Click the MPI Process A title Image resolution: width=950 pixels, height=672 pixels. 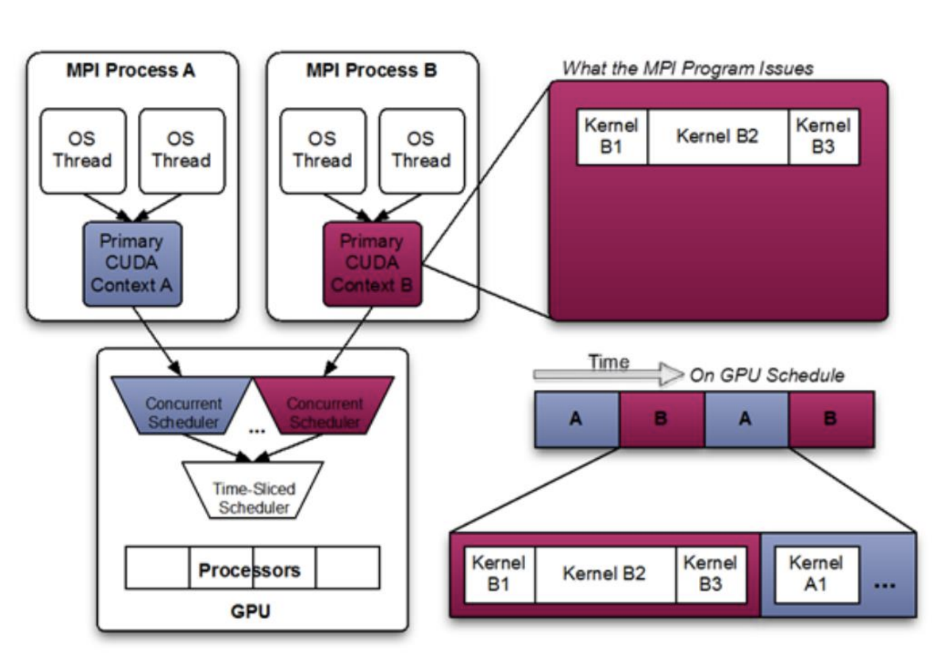click(133, 71)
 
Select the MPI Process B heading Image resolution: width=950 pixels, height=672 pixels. click(372, 71)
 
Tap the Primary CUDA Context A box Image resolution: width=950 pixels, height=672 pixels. click(133, 263)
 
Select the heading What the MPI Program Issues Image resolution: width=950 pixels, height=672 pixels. click(687, 69)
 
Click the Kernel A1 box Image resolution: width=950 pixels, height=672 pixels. click(815, 574)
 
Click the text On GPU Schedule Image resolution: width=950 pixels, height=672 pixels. click(766, 376)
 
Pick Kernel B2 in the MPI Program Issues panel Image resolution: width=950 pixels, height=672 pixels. click(717, 137)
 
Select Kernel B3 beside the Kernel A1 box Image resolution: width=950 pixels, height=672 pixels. click(706, 574)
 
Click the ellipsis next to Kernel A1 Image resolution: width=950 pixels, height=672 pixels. click(884, 584)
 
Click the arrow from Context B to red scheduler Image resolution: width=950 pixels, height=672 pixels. click(350, 340)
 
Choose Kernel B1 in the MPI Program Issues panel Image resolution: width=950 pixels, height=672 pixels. click(611, 137)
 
